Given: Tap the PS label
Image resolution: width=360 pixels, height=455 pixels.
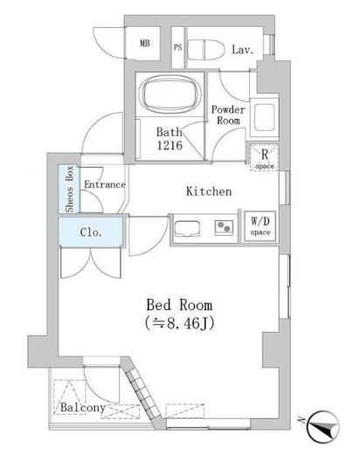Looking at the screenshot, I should click(x=177, y=48).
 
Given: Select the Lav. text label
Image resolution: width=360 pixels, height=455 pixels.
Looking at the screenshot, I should click(x=243, y=50).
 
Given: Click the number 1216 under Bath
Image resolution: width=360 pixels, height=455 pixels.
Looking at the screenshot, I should click(x=170, y=146).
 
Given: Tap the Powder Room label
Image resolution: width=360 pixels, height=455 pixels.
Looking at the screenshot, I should click(x=227, y=116).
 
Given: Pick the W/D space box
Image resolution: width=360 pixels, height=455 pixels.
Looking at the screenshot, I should click(x=261, y=225).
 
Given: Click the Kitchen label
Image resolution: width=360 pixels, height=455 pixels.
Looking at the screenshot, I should click(x=209, y=191).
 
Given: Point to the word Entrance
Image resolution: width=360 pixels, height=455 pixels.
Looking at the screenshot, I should click(x=104, y=184).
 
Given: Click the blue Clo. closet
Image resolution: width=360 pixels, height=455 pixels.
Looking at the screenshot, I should click(x=91, y=232).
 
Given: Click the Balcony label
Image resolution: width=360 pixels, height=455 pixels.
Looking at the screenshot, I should click(x=84, y=408).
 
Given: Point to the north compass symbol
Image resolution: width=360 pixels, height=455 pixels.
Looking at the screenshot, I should click(x=321, y=424).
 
